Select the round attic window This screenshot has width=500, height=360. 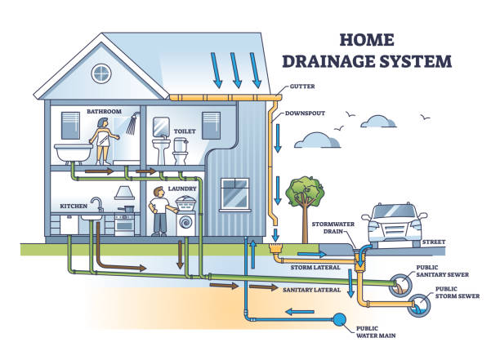click(100, 74)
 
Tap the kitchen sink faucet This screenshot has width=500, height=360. click(96, 202)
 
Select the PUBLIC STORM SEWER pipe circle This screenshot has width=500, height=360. click(420, 305)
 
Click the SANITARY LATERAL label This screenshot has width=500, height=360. click(312, 289)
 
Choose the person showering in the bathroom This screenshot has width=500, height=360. click(105, 142)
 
